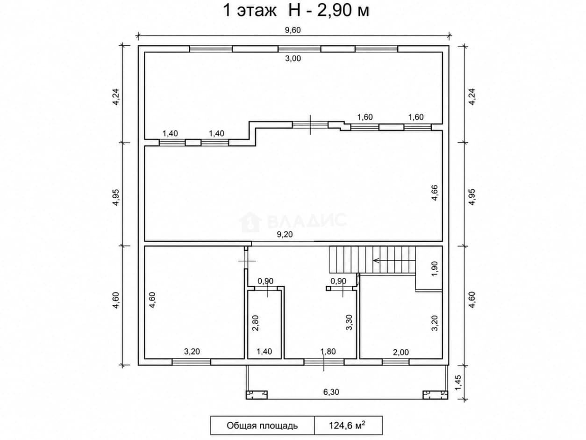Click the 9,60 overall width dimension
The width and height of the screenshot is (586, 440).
click(x=293, y=30)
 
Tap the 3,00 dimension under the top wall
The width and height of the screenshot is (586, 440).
click(x=293, y=58)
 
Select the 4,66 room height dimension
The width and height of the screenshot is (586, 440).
click(x=435, y=193)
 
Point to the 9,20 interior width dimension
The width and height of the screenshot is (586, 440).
click(x=285, y=234)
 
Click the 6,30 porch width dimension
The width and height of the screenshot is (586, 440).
click(x=331, y=392)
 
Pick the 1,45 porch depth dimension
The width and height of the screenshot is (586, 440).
click(x=458, y=382)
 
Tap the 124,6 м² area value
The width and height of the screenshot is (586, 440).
click(x=347, y=425)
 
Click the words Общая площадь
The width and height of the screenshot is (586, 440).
click(x=262, y=426)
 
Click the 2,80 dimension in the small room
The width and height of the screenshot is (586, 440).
click(x=256, y=323)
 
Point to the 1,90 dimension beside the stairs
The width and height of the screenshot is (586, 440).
click(x=435, y=269)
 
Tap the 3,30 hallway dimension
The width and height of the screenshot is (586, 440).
click(x=349, y=323)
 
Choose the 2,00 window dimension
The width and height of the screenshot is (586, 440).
click(x=401, y=353)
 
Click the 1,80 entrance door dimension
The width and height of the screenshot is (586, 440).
click(x=328, y=352)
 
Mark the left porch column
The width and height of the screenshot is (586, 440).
click(x=257, y=395)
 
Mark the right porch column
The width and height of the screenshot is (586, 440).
click(x=435, y=395)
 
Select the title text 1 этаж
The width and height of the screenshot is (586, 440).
click(x=250, y=11)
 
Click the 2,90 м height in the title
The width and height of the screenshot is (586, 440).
click(x=343, y=11)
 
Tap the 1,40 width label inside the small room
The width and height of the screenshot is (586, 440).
click(x=264, y=351)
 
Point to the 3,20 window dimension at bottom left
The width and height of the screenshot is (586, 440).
click(x=192, y=352)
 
